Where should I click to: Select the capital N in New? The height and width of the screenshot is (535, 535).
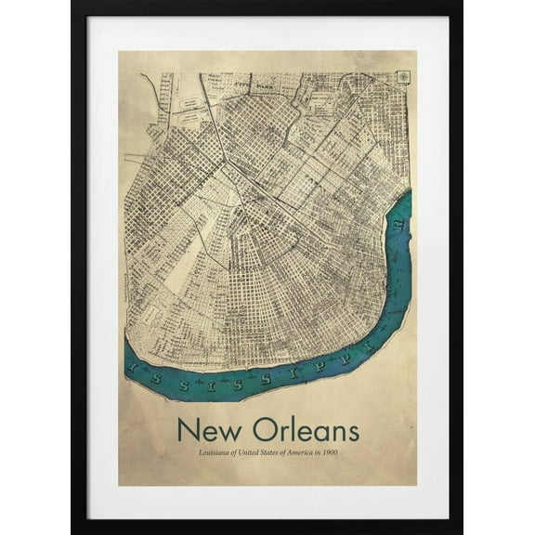186,430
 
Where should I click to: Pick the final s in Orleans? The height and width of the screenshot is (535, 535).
352,433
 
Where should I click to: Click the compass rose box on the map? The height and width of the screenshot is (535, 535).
404,77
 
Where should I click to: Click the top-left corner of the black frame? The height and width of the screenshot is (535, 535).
73,4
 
